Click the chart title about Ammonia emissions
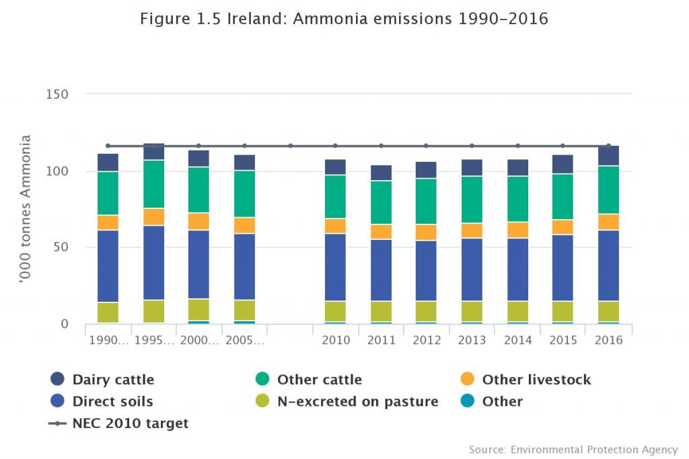tap(344, 19)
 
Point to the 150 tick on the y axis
tap(57, 94)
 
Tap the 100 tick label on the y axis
tap(57, 171)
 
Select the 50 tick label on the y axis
tap(61, 247)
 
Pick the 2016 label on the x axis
tap(608, 340)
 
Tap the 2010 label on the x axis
tap(336, 340)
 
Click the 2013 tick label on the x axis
tap(472, 340)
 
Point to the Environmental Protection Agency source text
tap(573, 449)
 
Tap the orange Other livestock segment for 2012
tap(426, 232)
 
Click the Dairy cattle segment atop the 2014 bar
tap(517, 167)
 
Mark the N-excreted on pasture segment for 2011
tap(381, 311)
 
